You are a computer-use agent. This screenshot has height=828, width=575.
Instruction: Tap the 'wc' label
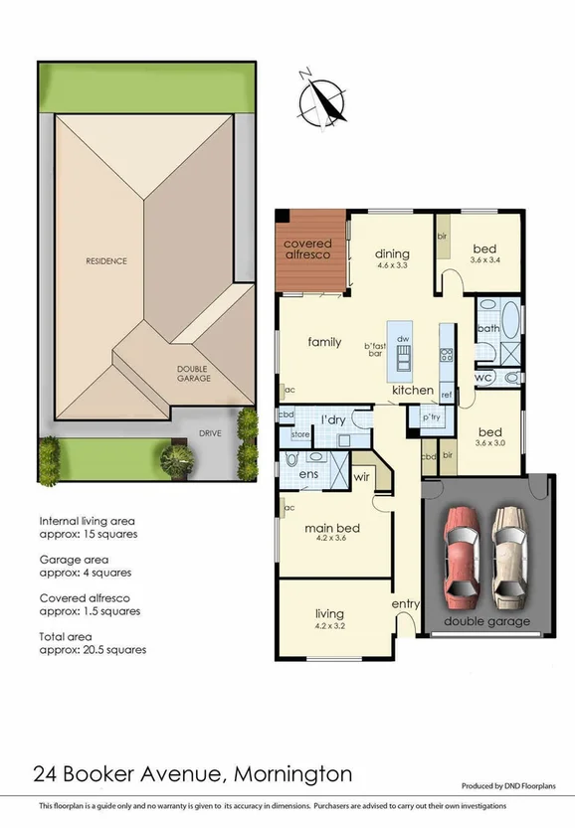[x=484, y=379]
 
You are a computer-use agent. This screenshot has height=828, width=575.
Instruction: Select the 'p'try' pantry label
[x=432, y=418]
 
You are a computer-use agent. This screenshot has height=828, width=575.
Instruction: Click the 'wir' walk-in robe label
[x=362, y=478]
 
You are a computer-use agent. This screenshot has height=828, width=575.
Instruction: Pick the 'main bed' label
[x=332, y=528]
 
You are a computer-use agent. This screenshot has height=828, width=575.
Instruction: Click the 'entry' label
[x=406, y=603]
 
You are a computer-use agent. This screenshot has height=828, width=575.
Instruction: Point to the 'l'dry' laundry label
[x=333, y=420]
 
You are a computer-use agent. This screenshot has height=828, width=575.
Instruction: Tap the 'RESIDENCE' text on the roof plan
[x=105, y=261]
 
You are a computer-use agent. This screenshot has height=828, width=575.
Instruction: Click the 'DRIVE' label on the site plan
[x=209, y=433]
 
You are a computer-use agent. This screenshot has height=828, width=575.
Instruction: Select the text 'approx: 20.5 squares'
[x=93, y=649]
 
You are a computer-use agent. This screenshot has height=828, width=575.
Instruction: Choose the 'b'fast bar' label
[x=374, y=349]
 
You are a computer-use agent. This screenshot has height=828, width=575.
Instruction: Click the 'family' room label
[x=324, y=342]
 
